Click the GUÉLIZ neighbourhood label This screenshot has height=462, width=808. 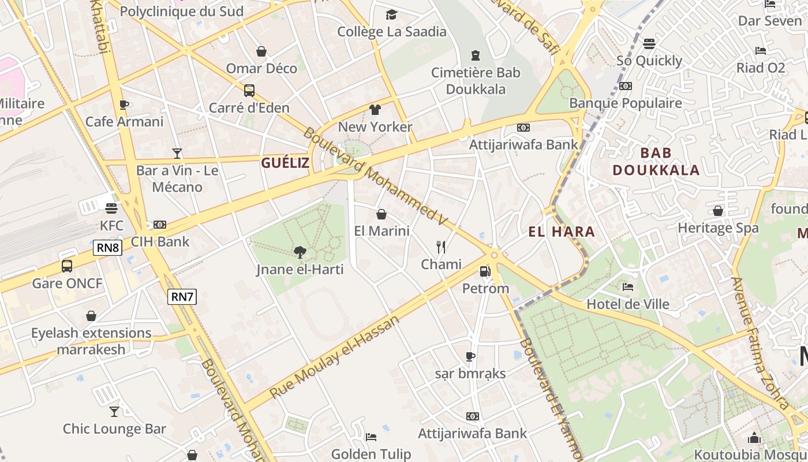(285, 163)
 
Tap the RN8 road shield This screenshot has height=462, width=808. (107, 248)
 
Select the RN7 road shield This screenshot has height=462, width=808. (182, 297)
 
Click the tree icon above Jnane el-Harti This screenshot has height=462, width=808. (300, 252)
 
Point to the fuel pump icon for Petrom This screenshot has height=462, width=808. (485, 271)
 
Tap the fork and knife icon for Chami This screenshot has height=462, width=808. (441, 247)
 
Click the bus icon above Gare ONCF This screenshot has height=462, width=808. (67, 266)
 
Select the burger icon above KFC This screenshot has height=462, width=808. (111, 208)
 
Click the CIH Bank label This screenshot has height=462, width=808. (160, 241)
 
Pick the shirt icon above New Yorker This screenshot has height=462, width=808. (375, 110)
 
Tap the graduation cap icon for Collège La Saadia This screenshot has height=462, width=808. (392, 14)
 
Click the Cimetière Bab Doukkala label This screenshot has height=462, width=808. (476, 81)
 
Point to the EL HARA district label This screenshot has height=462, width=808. (562, 232)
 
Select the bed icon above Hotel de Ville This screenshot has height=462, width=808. (628, 287)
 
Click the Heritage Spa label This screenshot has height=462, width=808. (718, 228)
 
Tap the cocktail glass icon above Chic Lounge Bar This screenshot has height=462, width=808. (114, 412)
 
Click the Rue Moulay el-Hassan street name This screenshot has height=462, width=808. (335, 356)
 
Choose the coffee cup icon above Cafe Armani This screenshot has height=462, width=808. (124, 105)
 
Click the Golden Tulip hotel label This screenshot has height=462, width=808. (371, 454)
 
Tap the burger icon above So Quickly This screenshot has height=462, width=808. (649, 43)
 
